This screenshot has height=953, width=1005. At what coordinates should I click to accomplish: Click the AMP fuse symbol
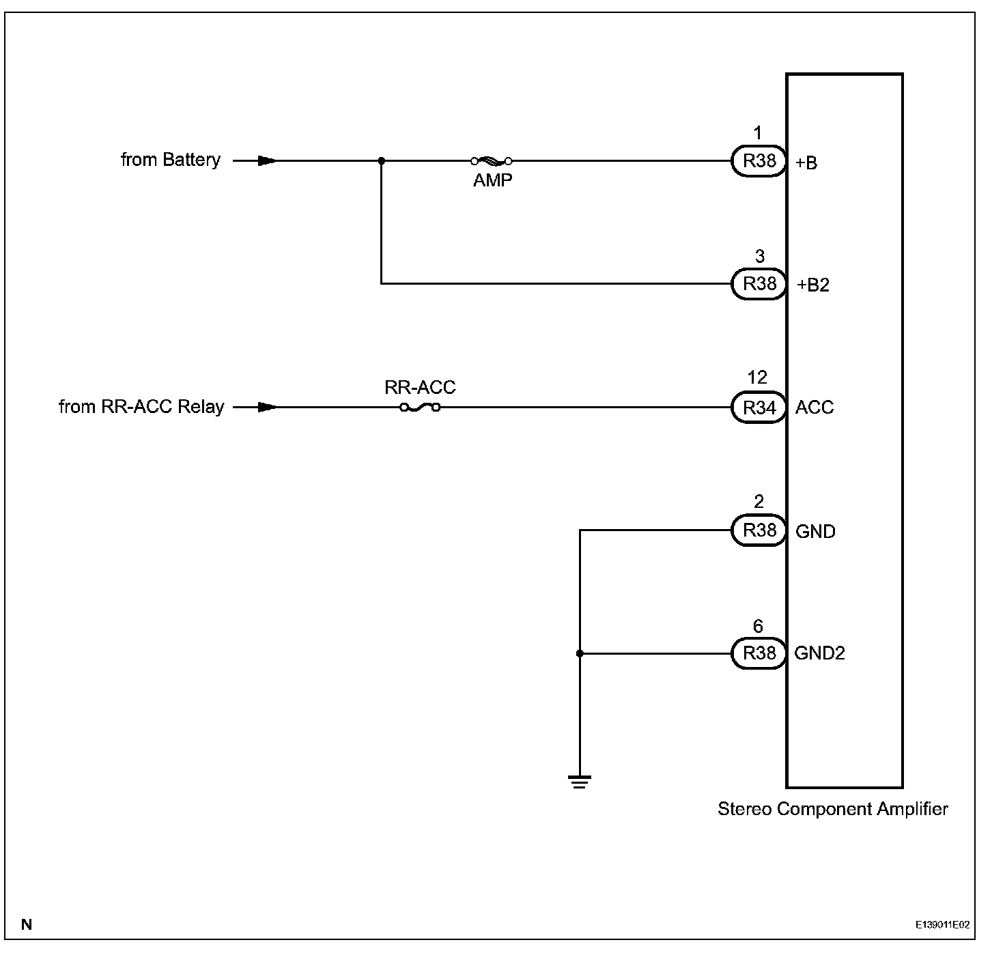(x=492, y=161)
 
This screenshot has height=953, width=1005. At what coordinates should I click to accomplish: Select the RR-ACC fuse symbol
(x=420, y=408)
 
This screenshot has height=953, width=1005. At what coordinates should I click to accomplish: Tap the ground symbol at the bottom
(x=580, y=782)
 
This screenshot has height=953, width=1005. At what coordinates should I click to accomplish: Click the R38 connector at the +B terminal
(x=759, y=161)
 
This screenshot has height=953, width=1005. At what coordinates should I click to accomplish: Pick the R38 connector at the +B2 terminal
(x=759, y=283)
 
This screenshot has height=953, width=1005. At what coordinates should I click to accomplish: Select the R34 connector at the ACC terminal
(x=759, y=408)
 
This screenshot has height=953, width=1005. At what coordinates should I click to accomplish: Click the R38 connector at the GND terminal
(x=759, y=530)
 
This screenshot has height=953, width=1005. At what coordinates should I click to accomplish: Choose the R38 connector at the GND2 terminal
(x=759, y=653)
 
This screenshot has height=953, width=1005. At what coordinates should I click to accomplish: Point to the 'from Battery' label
(x=171, y=160)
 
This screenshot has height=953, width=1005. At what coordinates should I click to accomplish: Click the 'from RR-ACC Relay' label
(x=141, y=407)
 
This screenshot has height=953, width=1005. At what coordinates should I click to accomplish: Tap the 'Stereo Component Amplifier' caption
(x=832, y=809)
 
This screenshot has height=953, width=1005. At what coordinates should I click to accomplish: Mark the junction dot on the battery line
(x=381, y=161)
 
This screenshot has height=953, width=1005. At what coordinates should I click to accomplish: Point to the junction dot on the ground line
(x=580, y=653)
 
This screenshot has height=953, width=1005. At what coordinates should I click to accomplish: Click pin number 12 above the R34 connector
(x=757, y=378)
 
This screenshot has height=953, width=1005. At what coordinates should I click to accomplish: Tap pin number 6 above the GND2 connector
(x=757, y=626)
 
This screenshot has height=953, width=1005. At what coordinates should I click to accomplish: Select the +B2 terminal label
(x=812, y=285)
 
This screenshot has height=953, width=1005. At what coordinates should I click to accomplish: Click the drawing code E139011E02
(x=942, y=926)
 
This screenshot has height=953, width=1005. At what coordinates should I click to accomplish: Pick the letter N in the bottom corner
(x=27, y=926)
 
